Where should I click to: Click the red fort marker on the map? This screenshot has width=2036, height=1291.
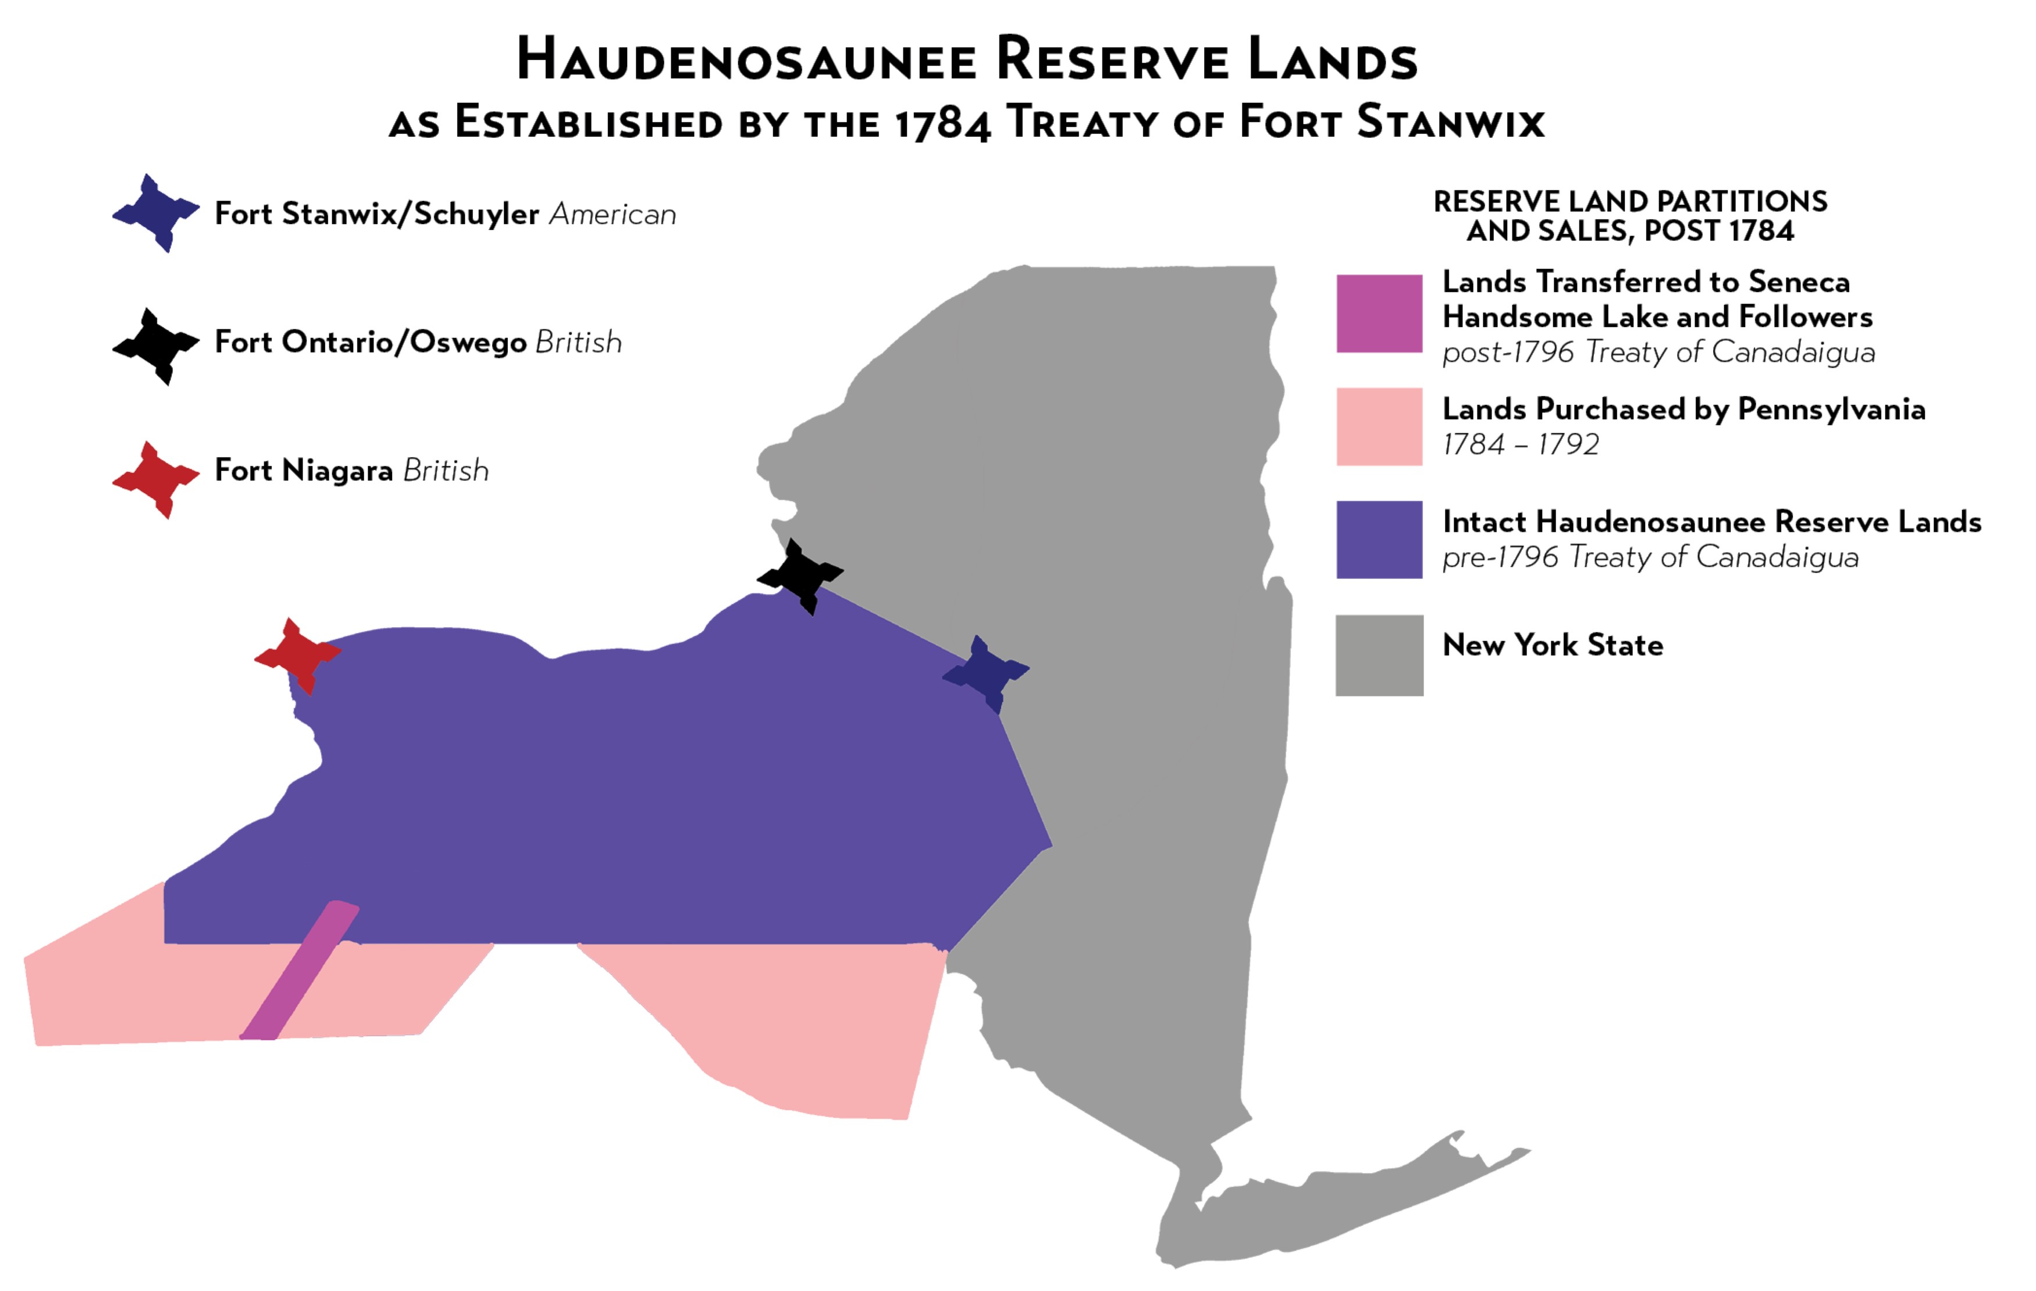coord(298,655)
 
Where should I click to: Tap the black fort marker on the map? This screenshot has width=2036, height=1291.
coord(800,577)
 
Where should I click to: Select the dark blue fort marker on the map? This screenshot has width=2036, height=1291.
coord(986,674)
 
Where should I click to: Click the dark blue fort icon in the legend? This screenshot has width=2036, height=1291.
coord(155,212)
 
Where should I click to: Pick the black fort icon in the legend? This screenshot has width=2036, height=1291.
coord(155,346)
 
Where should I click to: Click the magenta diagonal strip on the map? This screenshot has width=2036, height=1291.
coord(300,972)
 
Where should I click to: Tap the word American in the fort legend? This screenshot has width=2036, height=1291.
coord(612,215)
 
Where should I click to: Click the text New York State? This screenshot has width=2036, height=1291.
coord(1553,645)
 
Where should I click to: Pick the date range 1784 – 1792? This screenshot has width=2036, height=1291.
coord(1519,444)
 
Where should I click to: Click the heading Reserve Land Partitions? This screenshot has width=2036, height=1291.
coord(1629,202)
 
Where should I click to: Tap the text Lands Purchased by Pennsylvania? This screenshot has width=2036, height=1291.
coord(1682,409)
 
